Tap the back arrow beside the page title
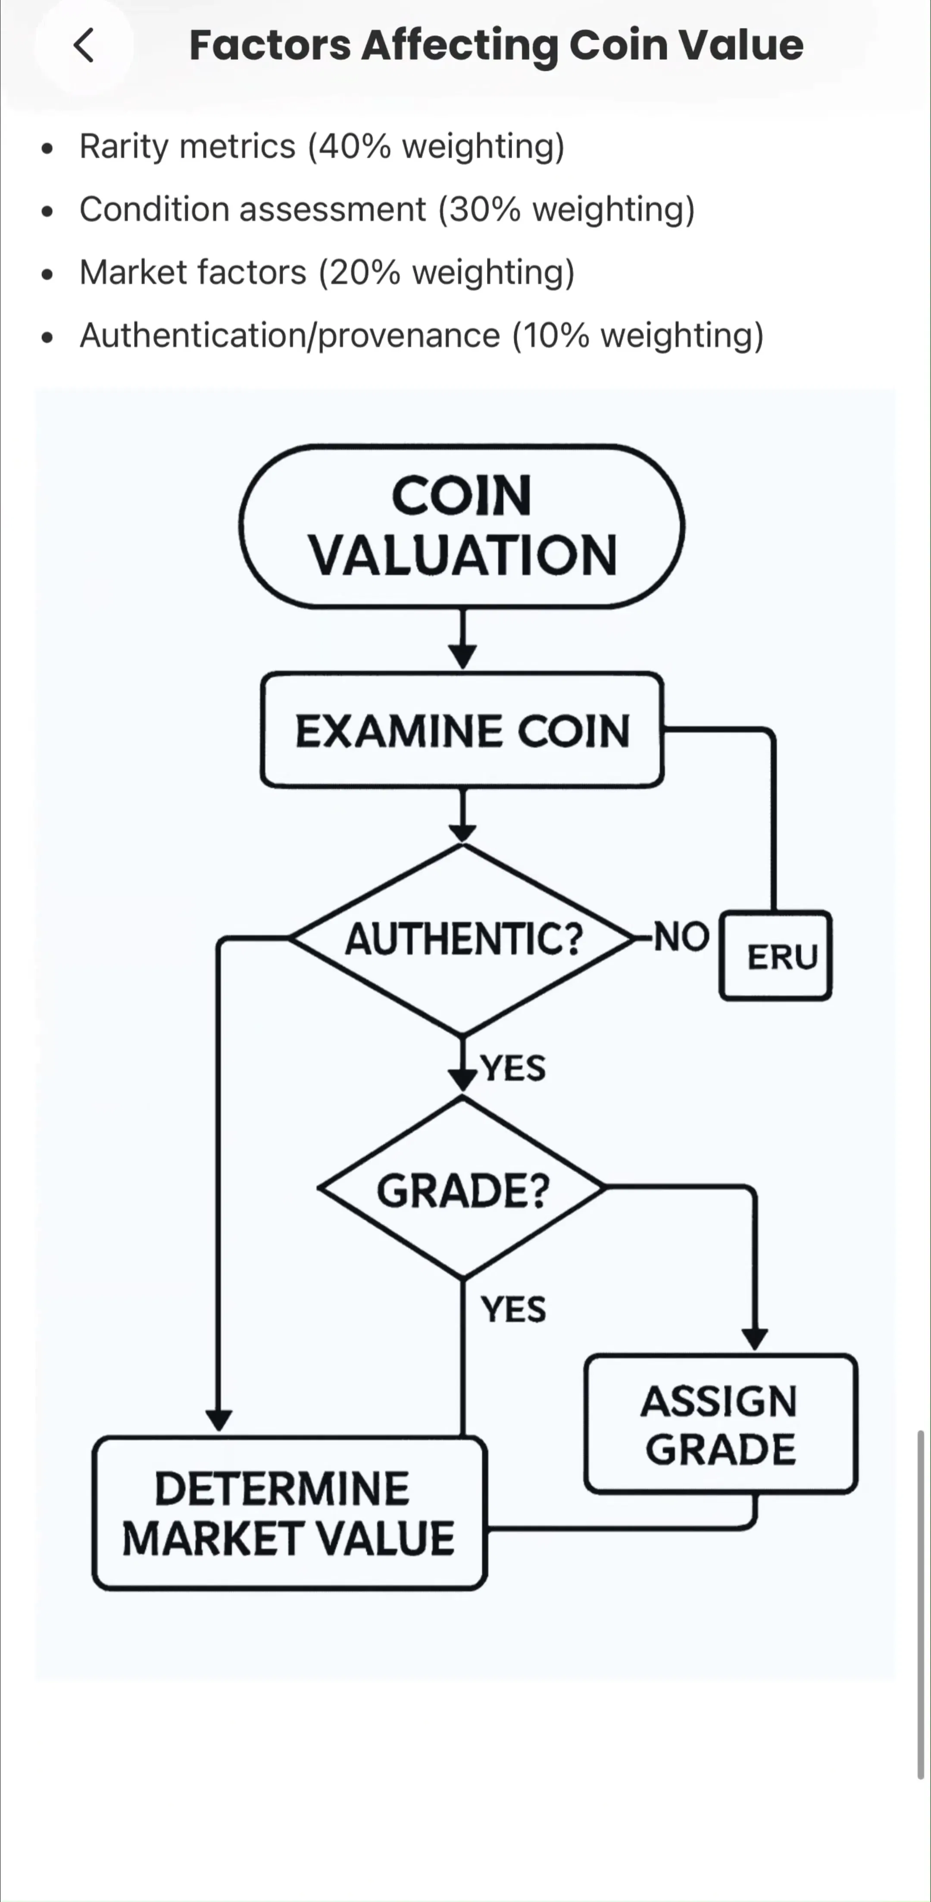[x=84, y=46]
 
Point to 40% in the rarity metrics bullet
[x=355, y=146]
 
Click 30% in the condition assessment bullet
[x=485, y=210]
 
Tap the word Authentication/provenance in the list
[x=290, y=336]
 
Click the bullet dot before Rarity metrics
[x=48, y=148]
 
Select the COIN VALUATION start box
[x=462, y=526]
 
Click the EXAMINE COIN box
[x=462, y=730]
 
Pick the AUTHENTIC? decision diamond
[x=462, y=939]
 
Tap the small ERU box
[x=776, y=956]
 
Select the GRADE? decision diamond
[x=462, y=1188]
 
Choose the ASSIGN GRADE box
[x=721, y=1424]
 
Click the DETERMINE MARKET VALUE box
[x=289, y=1513]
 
